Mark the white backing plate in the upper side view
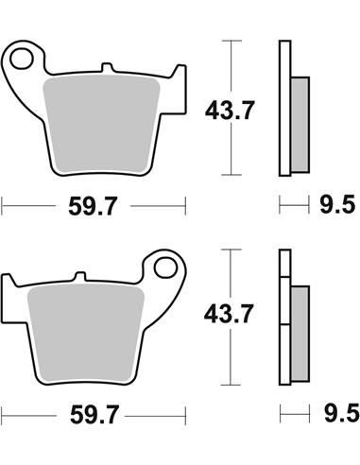(283, 109)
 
